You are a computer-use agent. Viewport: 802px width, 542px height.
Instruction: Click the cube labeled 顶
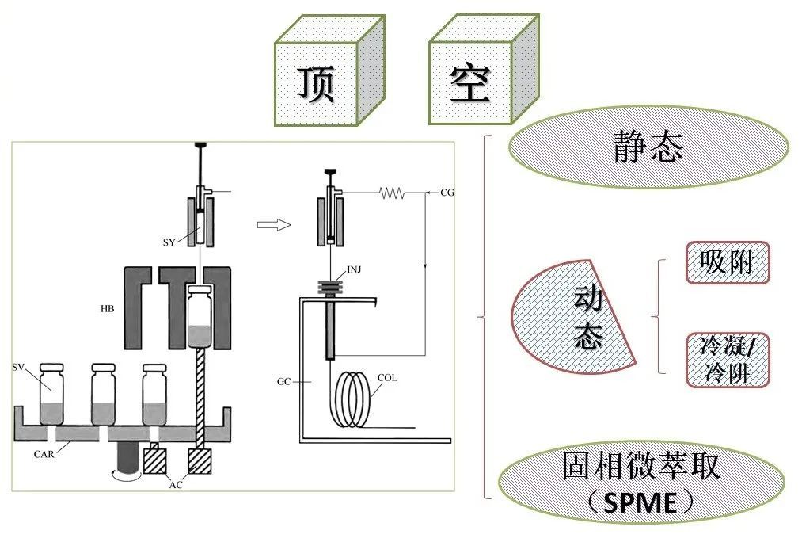click(x=317, y=82)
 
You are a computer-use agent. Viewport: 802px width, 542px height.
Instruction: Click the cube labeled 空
click(x=471, y=82)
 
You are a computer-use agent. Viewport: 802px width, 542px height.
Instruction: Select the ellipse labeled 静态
click(x=648, y=148)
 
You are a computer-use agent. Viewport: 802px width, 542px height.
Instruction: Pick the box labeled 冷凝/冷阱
click(x=727, y=359)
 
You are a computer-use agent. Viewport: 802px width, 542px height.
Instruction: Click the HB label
click(x=107, y=307)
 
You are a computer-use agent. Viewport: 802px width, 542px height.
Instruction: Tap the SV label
click(x=19, y=367)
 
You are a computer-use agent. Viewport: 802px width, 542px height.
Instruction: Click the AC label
click(x=176, y=484)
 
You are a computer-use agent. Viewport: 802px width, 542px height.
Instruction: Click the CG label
click(x=447, y=193)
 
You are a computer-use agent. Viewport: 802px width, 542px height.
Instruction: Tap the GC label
click(x=284, y=381)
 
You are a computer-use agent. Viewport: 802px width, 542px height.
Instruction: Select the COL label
click(x=387, y=379)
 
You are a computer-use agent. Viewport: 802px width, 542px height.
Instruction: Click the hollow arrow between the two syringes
click(x=274, y=224)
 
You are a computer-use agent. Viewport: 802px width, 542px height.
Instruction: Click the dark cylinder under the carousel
click(x=127, y=458)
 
